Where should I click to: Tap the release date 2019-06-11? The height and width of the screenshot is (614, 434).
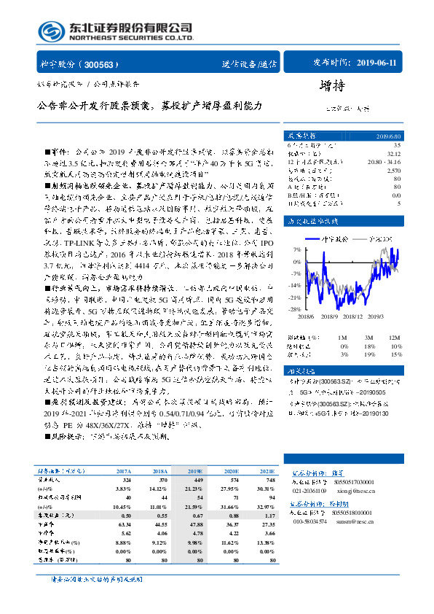tap(374, 63)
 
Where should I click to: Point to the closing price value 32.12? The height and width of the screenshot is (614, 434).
tap(394, 154)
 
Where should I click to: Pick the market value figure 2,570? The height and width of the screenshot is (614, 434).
tap(394, 169)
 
